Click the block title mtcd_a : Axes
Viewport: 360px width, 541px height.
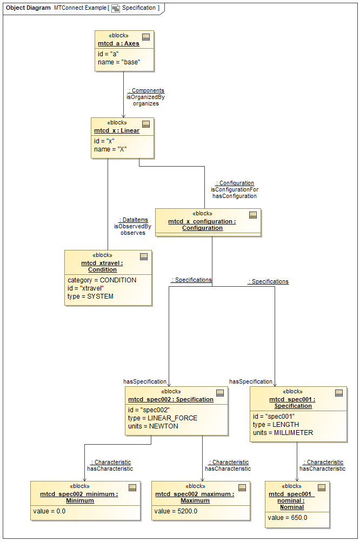coord(118,43)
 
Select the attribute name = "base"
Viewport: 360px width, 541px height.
coord(119,62)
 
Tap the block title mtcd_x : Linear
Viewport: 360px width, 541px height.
coord(117,130)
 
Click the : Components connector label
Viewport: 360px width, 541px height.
coord(146,90)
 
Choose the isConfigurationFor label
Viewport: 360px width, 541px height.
coord(235,190)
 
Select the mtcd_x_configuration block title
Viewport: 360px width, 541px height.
coord(202,225)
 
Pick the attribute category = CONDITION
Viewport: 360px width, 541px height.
coord(102,280)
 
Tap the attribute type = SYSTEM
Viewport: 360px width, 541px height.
coord(90,296)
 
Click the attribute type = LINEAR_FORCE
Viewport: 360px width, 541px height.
coord(163,418)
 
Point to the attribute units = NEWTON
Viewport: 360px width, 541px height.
coord(153,426)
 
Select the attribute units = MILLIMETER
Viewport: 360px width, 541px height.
coord(283,433)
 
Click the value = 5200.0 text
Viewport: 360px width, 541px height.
coord(176,511)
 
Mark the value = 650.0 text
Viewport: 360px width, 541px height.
coord(287,518)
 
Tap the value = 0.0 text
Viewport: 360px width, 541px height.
coord(49,511)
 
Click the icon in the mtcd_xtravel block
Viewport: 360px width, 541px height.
coord(144,257)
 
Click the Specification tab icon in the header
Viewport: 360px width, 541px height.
coord(116,8)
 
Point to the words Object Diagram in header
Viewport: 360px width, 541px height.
coord(28,8)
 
